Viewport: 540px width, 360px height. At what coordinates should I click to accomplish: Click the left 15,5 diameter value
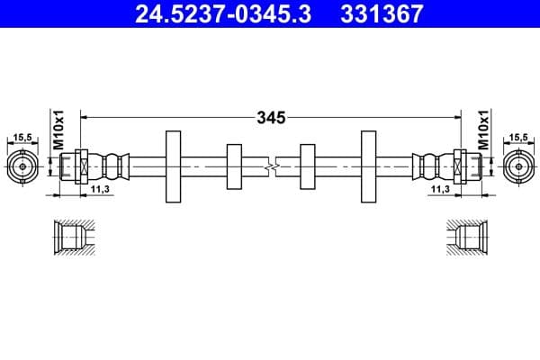click(x=22, y=137)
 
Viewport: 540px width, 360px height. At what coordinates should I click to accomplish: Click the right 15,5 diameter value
click(x=517, y=137)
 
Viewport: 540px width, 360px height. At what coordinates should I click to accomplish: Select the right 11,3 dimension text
click(x=440, y=190)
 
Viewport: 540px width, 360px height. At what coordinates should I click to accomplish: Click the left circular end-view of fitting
click(x=22, y=166)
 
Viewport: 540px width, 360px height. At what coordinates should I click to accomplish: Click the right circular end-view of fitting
click(x=517, y=166)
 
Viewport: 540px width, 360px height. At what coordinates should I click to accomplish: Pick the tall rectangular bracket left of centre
click(x=174, y=166)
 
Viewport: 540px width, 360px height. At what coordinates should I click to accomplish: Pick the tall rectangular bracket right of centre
click(x=368, y=166)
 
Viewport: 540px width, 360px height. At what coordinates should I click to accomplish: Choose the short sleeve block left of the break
click(x=234, y=166)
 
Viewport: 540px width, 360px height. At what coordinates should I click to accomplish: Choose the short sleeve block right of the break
click(x=307, y=166)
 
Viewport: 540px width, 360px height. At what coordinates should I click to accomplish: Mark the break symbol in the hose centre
click(x=271, y=166)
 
